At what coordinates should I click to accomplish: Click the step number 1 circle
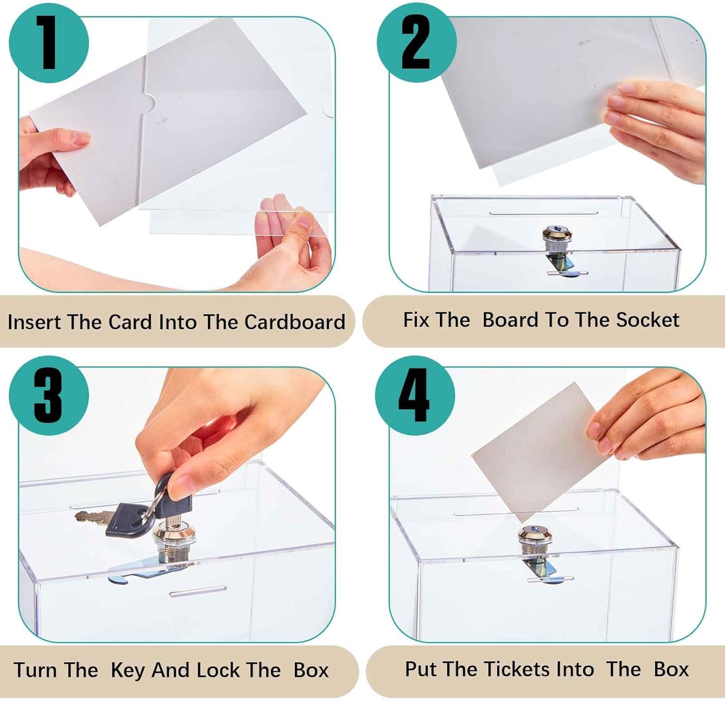49,43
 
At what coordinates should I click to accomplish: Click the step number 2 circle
416,43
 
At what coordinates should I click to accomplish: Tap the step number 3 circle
49,395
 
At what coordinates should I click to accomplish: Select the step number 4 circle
415,395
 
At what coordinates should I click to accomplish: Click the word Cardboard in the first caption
295,322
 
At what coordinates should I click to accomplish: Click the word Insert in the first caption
34,322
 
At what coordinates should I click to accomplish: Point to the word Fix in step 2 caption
416,320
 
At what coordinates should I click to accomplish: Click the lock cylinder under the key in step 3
174,539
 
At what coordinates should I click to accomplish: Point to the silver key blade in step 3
93,516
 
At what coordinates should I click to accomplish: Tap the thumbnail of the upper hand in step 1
80,138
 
